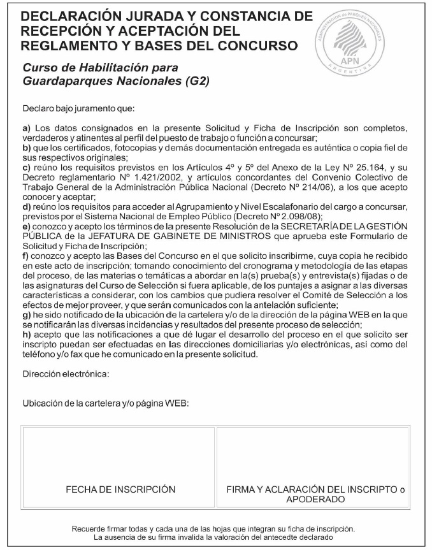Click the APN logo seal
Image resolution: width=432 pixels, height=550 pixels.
click(350, 41)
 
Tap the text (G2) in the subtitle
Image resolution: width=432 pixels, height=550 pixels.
click(196, 82)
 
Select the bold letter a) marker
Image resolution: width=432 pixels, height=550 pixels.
click(27, 128)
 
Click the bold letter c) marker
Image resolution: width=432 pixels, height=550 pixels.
click(27, 168)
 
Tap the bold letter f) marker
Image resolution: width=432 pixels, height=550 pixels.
click(26, 256)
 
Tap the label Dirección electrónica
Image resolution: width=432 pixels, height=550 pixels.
click(66, 373)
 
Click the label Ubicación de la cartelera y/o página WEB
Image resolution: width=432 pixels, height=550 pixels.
click(106, 403)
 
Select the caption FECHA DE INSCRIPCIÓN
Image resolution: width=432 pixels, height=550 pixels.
click(120, 489)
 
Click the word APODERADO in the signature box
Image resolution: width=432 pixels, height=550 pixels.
click(315, 500)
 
